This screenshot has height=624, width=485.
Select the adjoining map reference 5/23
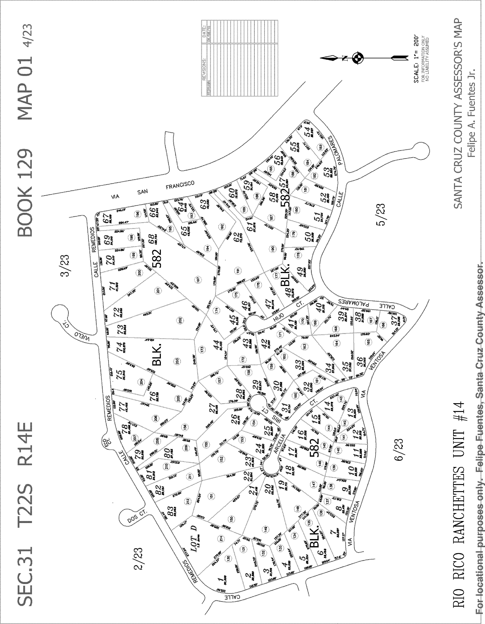click(381, 214)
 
